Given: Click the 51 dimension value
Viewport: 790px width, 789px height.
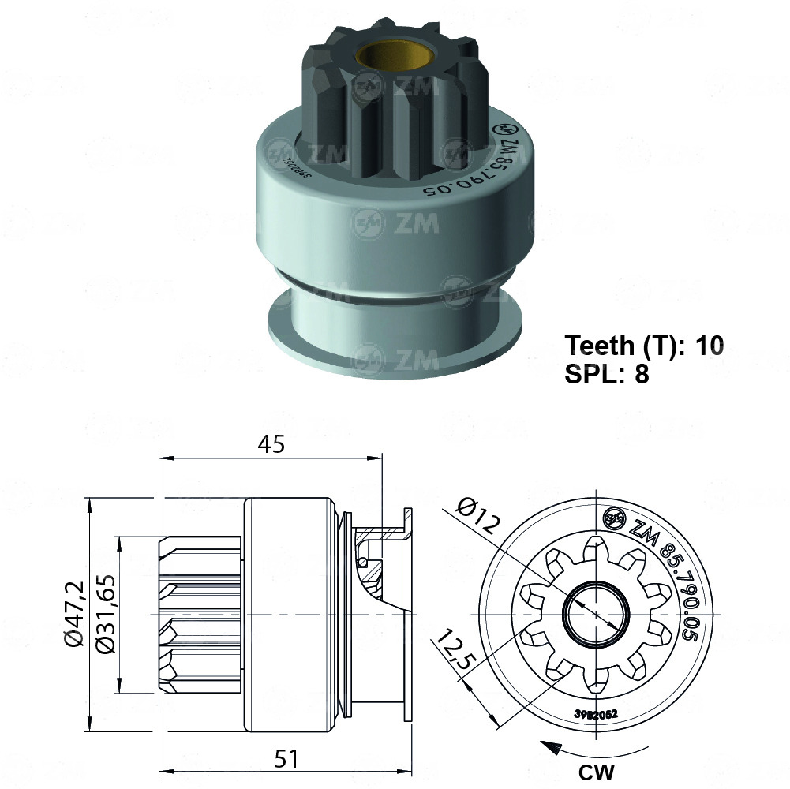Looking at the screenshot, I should click(x=288, y=759).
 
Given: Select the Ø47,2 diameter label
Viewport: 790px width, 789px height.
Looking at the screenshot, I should click(x=74, y=615).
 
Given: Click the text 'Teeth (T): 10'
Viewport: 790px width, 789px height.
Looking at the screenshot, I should click(x=644, y=346).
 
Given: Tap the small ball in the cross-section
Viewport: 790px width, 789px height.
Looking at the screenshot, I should click(x=361, y=561).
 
